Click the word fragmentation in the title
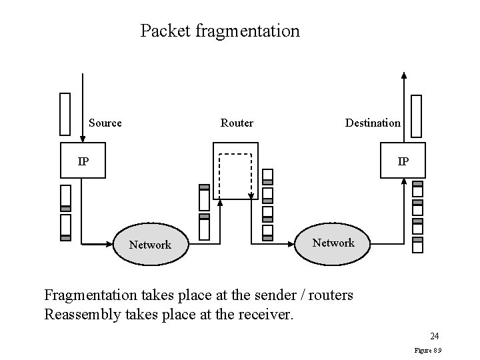248,31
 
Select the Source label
105,123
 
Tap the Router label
237,123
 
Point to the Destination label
373,123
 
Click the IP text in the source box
83,161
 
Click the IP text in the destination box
403,161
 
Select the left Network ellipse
150,245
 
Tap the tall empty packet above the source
65,114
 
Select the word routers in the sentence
329,294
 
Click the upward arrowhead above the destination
403,75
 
